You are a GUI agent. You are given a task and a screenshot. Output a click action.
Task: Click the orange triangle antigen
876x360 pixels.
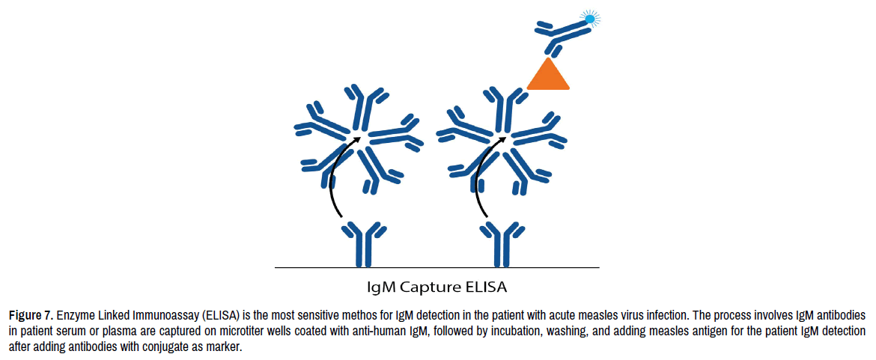coord(548,77)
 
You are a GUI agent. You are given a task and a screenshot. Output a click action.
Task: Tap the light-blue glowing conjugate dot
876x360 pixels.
coord(590,19)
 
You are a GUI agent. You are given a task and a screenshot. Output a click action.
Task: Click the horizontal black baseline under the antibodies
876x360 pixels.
coord(437,268)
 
